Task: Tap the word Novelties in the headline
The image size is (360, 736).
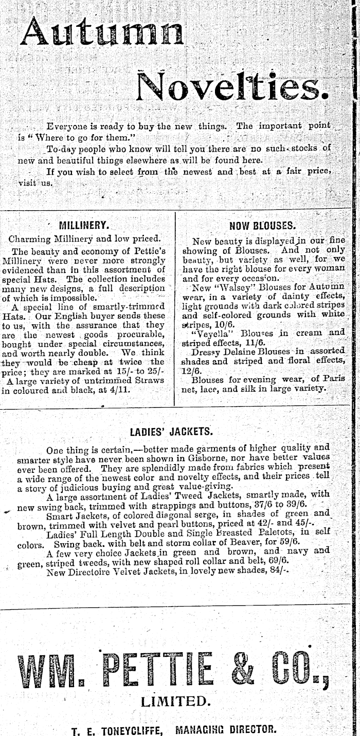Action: pyautogui.click(x=232, y=86)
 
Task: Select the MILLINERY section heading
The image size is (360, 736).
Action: pyautogui.click(x=84, y=225)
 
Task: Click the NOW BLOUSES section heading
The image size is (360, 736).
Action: pyautogui.click(x=262, y=225)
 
